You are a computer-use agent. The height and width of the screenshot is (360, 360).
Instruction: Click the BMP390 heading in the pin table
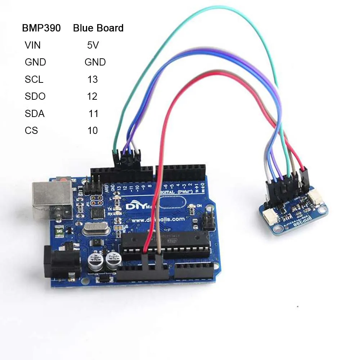pos(41,28)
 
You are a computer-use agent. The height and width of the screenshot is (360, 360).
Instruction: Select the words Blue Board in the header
pos(98,28)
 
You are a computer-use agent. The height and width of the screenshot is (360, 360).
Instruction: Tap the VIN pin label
pos(33,45)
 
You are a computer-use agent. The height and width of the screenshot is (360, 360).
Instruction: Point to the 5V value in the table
pos(93,45)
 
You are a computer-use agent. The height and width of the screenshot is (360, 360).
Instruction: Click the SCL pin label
pos(34,79)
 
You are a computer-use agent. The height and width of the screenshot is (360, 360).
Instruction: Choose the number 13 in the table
pos(93,79)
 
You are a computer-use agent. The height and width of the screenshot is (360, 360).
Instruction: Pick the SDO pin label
pos(35,96)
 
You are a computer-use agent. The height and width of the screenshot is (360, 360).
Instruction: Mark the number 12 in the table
pos(93,96)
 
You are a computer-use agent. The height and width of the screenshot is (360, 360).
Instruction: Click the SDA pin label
pos(35,114)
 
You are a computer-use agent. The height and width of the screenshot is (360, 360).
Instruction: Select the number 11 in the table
pos(94,114)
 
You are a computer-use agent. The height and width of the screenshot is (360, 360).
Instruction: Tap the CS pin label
pos(31,130)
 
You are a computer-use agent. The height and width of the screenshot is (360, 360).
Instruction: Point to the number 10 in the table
pos(93,130)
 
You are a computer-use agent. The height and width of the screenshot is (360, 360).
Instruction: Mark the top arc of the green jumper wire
pos(216,8)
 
